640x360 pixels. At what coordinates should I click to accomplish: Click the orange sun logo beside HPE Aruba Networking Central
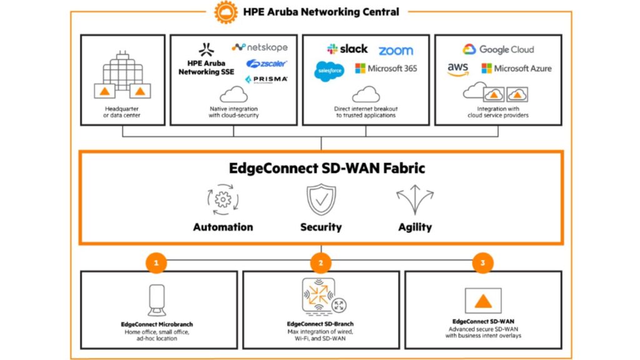(226, 12)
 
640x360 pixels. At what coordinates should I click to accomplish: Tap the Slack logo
(347, 49)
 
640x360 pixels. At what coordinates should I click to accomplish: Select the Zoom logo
(396, 51)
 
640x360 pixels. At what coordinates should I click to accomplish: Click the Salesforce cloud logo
(329, 71)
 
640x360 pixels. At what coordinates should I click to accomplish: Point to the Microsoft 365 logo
(386, 68)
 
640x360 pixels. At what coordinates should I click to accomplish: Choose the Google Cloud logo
(498, 49)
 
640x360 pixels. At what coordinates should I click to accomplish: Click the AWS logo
(458, 69)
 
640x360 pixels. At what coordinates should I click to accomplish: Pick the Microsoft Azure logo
(516, 69)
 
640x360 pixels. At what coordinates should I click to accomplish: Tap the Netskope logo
(259, 47)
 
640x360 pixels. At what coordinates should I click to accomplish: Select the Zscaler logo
(266, 64)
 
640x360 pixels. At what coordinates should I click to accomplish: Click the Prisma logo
(266, 79)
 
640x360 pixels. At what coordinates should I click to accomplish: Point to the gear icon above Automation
(222, 200)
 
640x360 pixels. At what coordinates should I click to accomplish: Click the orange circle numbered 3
(482, 263)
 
